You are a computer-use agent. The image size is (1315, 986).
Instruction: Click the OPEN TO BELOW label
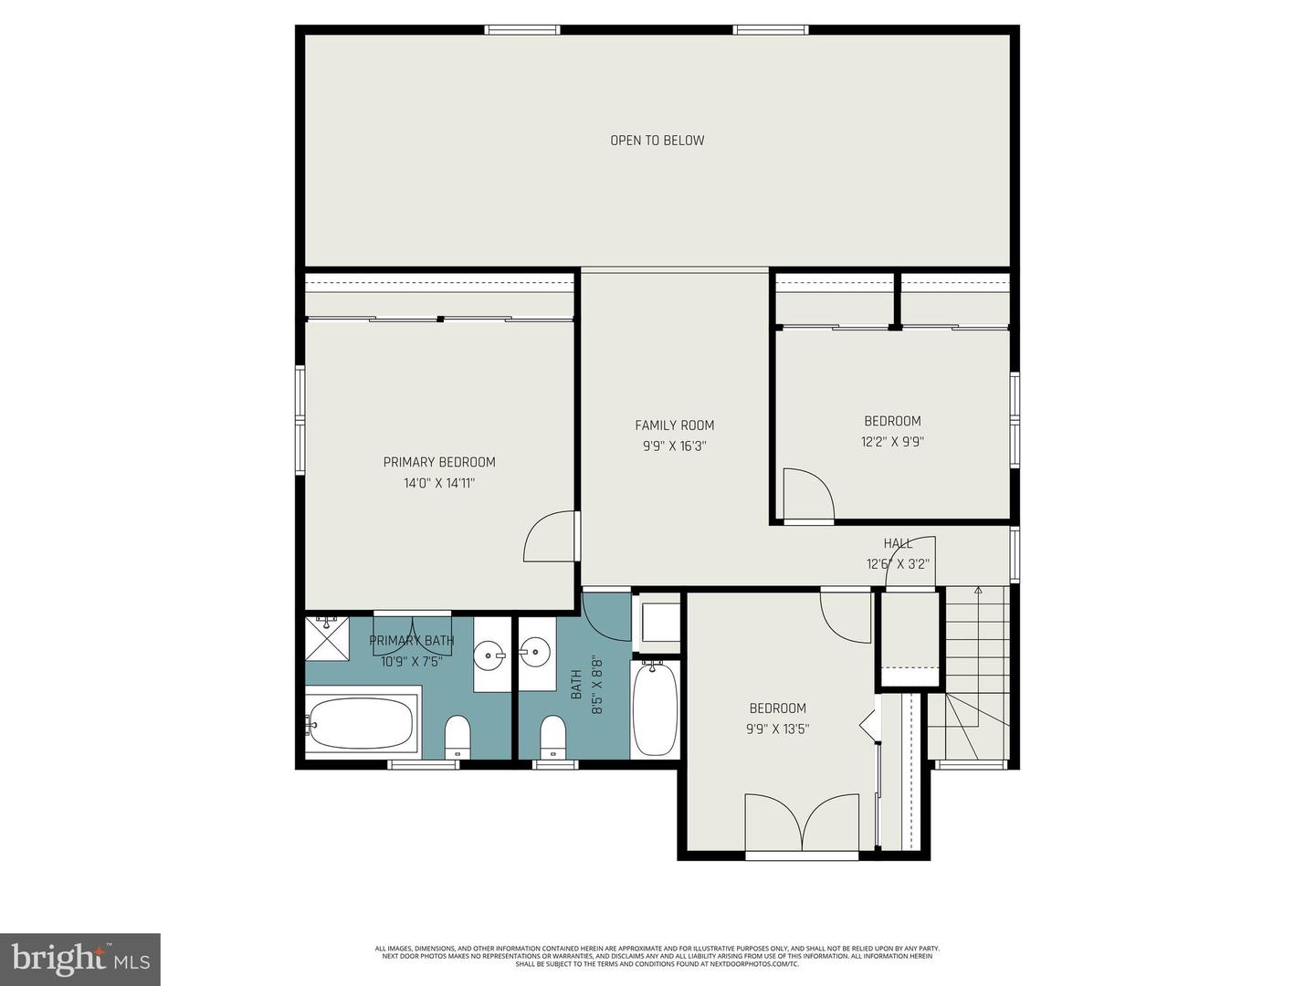pyautogui.click(x=657, y=141)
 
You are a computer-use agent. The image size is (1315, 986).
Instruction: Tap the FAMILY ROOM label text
pyautogui.click(x=674, y=425)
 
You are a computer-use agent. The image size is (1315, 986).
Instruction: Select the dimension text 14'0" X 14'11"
pyautogui.click(x=439, y=483)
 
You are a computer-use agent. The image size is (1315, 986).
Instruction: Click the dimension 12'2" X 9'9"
pyautogui.click(x=892, y=442)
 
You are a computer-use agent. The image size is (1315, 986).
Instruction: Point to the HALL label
pyautogui.click(x=897, y=543)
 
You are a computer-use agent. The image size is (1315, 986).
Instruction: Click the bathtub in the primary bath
pyautogui.click(x=362, y=723)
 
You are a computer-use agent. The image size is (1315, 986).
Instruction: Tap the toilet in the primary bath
pyautogui.click(x=457, y=736)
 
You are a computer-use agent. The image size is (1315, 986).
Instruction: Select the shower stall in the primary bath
pyautogui.click(x=327, y=638)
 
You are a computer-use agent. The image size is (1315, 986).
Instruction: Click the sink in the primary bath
pyautogui.click(x=491, y=655)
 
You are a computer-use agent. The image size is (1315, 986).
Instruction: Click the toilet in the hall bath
pyautogui.click(x=552, y=736)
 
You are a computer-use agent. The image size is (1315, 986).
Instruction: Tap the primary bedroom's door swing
pyautogui.click(x=551, y=538)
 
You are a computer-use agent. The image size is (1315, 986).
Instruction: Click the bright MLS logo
pyautogui.click(x=79, y=959)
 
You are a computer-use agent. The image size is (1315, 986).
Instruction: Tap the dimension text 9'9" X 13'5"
pyautogui.click(x=777, y=729)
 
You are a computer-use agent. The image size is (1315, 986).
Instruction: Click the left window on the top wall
pyautogui.click(x=521, y=30)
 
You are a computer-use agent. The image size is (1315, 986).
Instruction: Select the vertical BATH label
pyautogui.click(x=576, y=685)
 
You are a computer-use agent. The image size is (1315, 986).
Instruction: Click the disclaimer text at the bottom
pyautogui.click(x=657, y=956)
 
